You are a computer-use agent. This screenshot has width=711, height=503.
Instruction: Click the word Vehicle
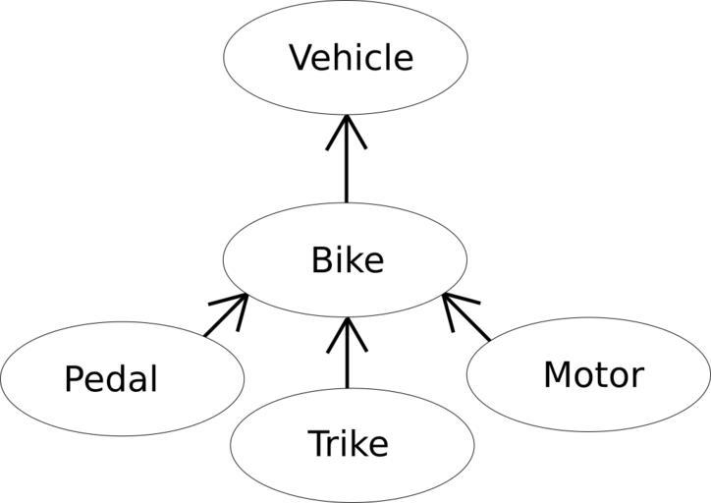click(351, 58)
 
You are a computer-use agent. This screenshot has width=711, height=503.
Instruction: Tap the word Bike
click(347, 261)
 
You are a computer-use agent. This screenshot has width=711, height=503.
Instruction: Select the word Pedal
click(110, 378)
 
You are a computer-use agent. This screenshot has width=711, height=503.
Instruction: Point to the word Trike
click(348, 444)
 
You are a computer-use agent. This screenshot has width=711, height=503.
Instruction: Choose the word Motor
click(593, 374)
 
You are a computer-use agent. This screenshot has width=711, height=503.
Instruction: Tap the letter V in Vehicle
click(301, 58)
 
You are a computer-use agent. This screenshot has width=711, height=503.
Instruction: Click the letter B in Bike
click(321, 261)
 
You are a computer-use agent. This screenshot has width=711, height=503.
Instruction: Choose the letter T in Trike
click(317, 444)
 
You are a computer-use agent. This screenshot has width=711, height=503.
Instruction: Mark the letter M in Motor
click(557, 374)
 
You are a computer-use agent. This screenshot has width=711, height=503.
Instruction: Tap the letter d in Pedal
click(123, 378)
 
